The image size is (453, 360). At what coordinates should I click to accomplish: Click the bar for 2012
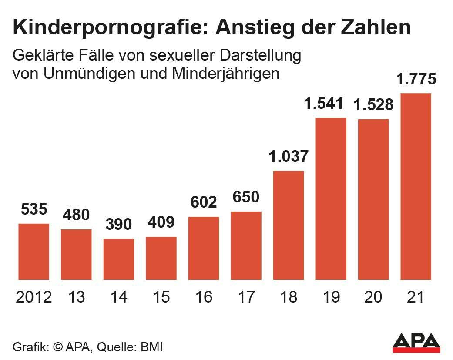tap(34, 251)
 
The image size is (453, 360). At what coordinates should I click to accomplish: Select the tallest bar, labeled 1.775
tap(416, 186)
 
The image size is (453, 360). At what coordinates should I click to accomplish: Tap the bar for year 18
tap(289, 225)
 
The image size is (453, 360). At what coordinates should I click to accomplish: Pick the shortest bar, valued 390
tap(119, 259)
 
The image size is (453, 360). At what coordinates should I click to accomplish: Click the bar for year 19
tap(331, 198)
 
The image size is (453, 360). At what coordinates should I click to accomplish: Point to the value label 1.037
tap(289, 156)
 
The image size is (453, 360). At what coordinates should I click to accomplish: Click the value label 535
tap(34, 209)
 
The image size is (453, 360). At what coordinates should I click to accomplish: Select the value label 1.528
tap(373, 105)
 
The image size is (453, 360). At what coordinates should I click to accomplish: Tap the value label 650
tap(246, 197)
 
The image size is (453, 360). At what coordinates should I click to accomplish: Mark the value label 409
tap(161, 222)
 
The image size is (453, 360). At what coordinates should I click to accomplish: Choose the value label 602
tap(203, 202)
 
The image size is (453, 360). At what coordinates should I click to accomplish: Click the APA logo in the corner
tap(416, 343)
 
